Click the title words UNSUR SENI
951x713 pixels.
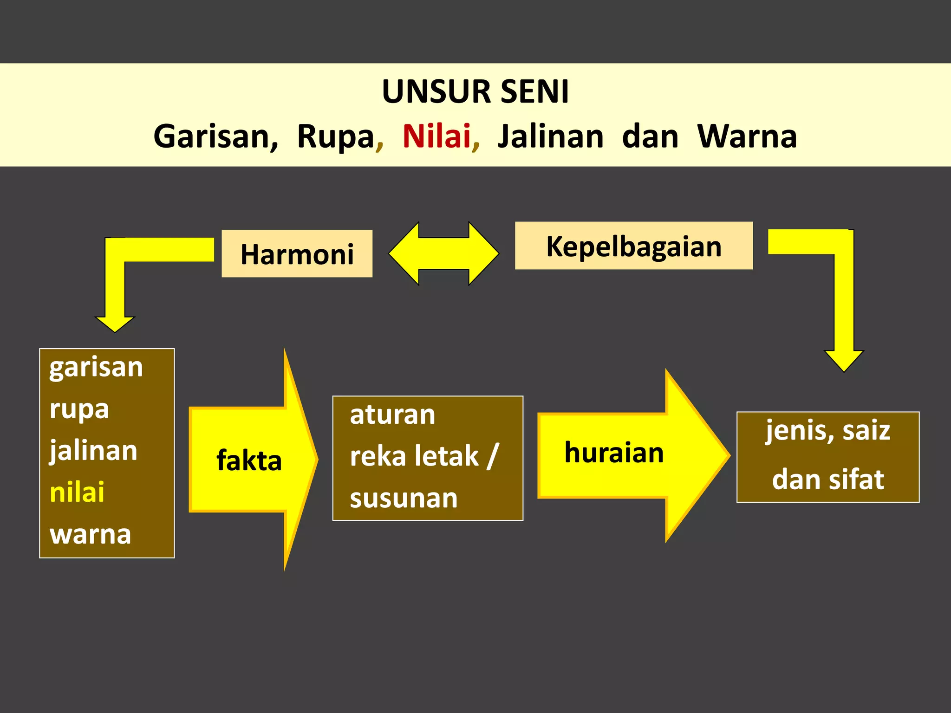475,91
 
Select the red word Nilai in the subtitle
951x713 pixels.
436,136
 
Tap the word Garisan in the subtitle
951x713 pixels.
215,136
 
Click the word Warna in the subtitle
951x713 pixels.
747,136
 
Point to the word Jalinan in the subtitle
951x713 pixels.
550,136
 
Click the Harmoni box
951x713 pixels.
297,254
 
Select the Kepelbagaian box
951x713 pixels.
633,246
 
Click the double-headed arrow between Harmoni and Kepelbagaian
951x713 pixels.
443,253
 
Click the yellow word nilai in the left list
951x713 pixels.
77,492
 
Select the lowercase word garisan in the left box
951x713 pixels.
96,368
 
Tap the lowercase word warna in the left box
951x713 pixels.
90,534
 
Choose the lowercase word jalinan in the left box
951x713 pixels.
93,451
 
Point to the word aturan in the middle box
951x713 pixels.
392,415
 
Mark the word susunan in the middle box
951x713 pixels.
404,499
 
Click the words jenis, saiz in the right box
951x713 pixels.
827,430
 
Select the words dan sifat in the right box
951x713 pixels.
827,480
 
